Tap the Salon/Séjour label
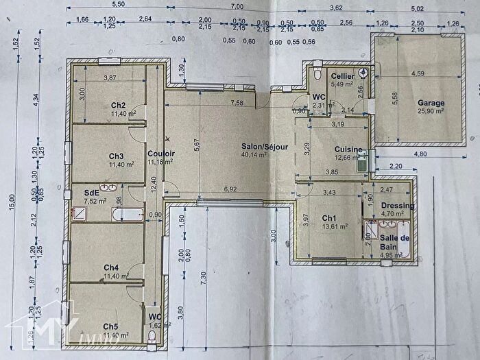tap(263, 147)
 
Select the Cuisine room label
tap(348, 149)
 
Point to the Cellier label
tap(341, 76)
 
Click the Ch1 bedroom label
tap(329, 218)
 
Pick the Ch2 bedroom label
tap(117, 105)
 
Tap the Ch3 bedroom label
tap(116, 156)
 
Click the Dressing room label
tap(398, 206)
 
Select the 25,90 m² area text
tap(430, 110)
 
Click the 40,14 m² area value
tap(263, 155)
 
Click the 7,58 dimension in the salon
tap(237, 104)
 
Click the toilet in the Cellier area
tap(320, 74)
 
